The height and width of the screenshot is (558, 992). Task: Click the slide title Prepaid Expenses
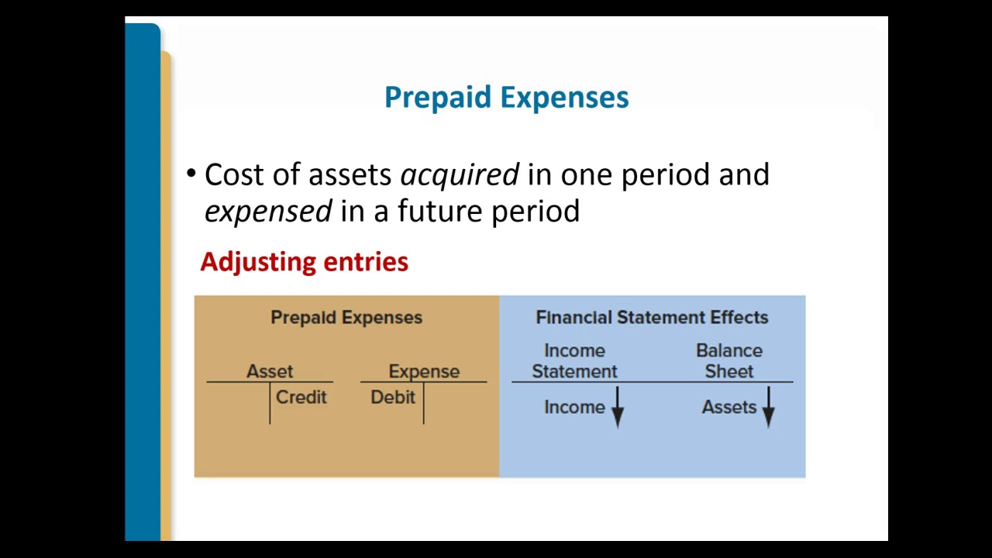[506, 98]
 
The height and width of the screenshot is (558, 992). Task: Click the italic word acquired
[460, 175]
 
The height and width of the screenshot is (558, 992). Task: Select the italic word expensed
[268, 211]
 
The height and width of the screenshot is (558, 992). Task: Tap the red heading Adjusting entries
[304, 262]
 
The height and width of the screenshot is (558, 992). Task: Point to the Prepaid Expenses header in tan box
[346, 318]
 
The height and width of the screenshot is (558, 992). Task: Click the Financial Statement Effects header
[652, 318]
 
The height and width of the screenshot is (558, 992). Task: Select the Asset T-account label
[270, 372]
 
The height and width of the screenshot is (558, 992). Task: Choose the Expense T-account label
[424, 372]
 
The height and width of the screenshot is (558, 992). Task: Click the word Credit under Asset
[301, 398]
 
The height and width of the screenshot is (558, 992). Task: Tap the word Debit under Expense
[393, 398]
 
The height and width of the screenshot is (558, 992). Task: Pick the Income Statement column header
[574, 361]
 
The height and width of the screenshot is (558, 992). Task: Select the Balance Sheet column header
[729, 361]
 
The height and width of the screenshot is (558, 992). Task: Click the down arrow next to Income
[618, 408]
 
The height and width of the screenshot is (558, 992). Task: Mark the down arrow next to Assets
[768, 408]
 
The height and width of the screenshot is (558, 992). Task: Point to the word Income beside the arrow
[574, 408]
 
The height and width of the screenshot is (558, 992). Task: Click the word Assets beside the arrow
[728, 408]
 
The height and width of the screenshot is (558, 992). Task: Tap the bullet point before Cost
[191, 174]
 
